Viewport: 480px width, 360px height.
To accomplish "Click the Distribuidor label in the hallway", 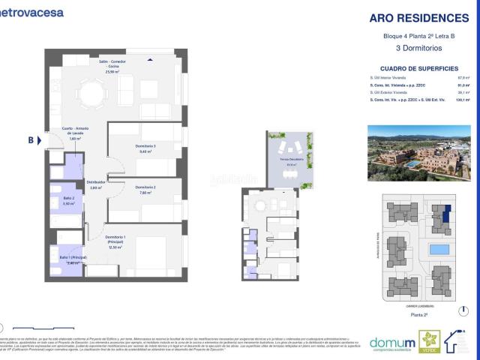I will pos(94,184).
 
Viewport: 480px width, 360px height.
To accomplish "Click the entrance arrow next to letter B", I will pos(42,139).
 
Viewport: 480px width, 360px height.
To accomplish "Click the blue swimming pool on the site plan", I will pos(439,248).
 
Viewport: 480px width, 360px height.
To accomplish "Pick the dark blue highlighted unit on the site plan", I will pos(448,216).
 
